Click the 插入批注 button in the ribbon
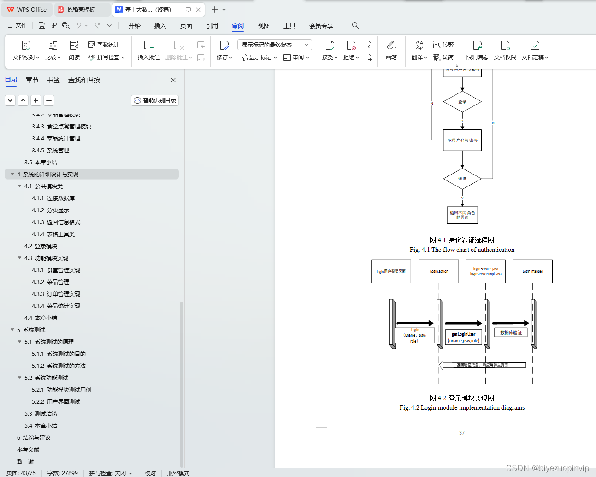pos(148,50)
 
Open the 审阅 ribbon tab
pos(238,26)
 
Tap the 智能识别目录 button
pos(155,100)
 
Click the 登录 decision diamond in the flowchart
pos(462,102)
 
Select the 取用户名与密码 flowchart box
pos(462,140)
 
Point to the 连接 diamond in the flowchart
pos(462,179)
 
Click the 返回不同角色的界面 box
pos(462,215)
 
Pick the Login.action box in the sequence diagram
pos(439,271)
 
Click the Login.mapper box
pos(533,271)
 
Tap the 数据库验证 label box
pos(511,332)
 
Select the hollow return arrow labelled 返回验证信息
pos(482,365)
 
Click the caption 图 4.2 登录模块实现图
pos(462,398)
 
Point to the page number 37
pos(462,433)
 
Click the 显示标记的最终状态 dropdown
pos(275,45)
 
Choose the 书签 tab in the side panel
pos(53,80)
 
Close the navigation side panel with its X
pos(173,80)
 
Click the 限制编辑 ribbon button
pos(477,50)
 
